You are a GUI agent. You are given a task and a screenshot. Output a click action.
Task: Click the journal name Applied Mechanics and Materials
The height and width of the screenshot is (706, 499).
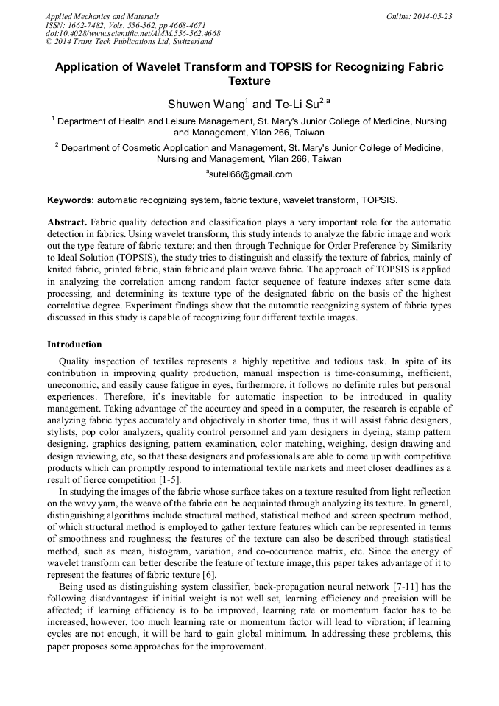click(102, 15)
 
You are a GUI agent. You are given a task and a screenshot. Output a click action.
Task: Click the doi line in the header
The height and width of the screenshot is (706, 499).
click(132, 33)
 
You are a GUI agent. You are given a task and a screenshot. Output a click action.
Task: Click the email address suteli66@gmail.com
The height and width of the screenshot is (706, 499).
click(251, 174)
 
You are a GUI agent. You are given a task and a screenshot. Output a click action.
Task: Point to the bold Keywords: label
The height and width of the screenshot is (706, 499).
click(71, 200)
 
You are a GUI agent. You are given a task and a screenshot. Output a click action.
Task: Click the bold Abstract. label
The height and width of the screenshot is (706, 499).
click(68, 222)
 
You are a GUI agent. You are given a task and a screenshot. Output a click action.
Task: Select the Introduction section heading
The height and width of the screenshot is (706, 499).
click(74, 344)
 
